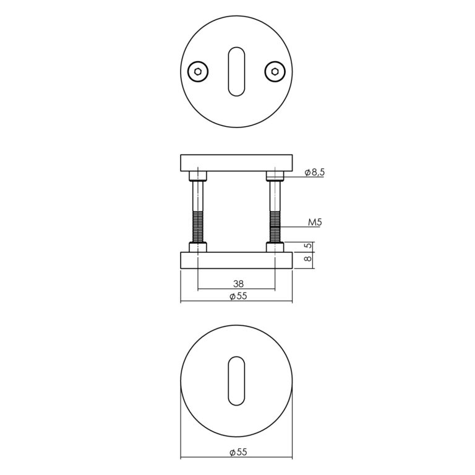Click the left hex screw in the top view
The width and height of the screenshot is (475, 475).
point(198,72)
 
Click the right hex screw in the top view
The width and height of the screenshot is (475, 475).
point(275,72)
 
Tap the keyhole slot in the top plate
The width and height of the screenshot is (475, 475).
point(236,72)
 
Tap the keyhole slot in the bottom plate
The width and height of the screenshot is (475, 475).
point(236,381)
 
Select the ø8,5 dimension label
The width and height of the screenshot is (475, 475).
point(315,173)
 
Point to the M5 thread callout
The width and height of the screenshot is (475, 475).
point(315,223)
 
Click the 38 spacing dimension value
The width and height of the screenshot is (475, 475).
point(238,284)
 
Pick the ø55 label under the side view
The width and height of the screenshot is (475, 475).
point(238,296)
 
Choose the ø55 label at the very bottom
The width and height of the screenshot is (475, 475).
point(238,452)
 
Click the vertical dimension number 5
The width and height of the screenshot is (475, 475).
point(308,246)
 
